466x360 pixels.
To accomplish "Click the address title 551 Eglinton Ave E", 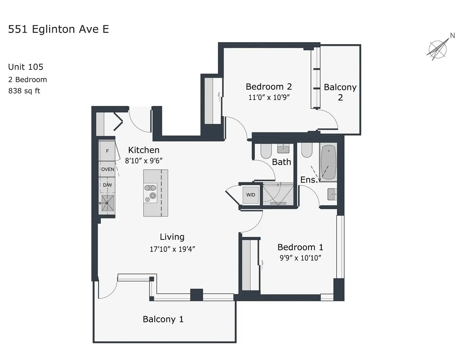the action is (x=59, y=29).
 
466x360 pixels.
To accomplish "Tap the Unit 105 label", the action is (x=26, y=67).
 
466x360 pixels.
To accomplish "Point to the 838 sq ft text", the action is (x=24, y=91).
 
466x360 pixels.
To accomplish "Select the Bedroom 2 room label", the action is (x=269, y=86).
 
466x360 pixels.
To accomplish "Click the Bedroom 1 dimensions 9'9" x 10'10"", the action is (x=300, y=258).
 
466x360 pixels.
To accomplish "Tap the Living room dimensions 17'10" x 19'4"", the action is (x=172, y=249).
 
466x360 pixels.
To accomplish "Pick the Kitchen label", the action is (x=144, y=150).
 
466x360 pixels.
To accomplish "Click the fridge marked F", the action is (x=107, y=151).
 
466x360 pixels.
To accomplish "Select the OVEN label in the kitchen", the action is (x=107, y=169).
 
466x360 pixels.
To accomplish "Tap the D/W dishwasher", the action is (x=107, y=185).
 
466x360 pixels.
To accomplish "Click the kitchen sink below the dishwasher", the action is (x=107, y=203).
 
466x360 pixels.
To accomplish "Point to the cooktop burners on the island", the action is (x=150, y=193).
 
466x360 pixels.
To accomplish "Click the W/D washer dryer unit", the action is (x=251, y=195).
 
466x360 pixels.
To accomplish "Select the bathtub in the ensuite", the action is (x=328, y=162).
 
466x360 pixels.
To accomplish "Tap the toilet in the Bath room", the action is (x=266, y=151).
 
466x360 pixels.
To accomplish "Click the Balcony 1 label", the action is (x=163, y=319).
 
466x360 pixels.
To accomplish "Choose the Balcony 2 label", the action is (x=340, y=92).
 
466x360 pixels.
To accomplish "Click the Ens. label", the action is (x=309, y=180).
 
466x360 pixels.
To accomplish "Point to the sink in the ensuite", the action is (x=332, y=194).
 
